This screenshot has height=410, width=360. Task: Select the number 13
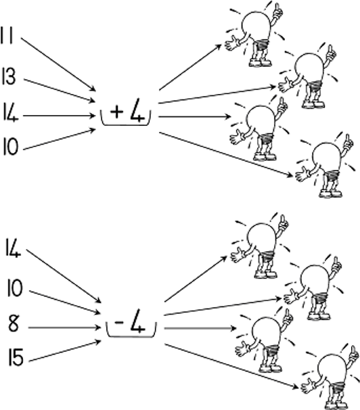point(9,76)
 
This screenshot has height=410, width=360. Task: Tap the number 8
point(14,323)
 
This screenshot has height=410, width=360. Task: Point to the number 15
point(16,357)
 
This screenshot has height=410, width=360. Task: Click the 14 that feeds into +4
point(10,112)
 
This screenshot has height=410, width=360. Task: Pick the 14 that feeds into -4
point(13,248)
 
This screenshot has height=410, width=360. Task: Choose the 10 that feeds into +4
point(11,147)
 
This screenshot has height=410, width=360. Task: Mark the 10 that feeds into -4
point(15,288)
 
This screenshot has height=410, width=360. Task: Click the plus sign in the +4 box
point(116,112)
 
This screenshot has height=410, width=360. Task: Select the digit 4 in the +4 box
point(137,111)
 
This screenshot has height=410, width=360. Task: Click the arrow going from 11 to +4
point(58,64)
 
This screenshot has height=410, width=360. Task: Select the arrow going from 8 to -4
point(64,327)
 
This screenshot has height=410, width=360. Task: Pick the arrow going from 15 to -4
point(65,351)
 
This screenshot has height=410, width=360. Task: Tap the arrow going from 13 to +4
point(60,90)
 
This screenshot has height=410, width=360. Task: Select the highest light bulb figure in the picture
point(254,34)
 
